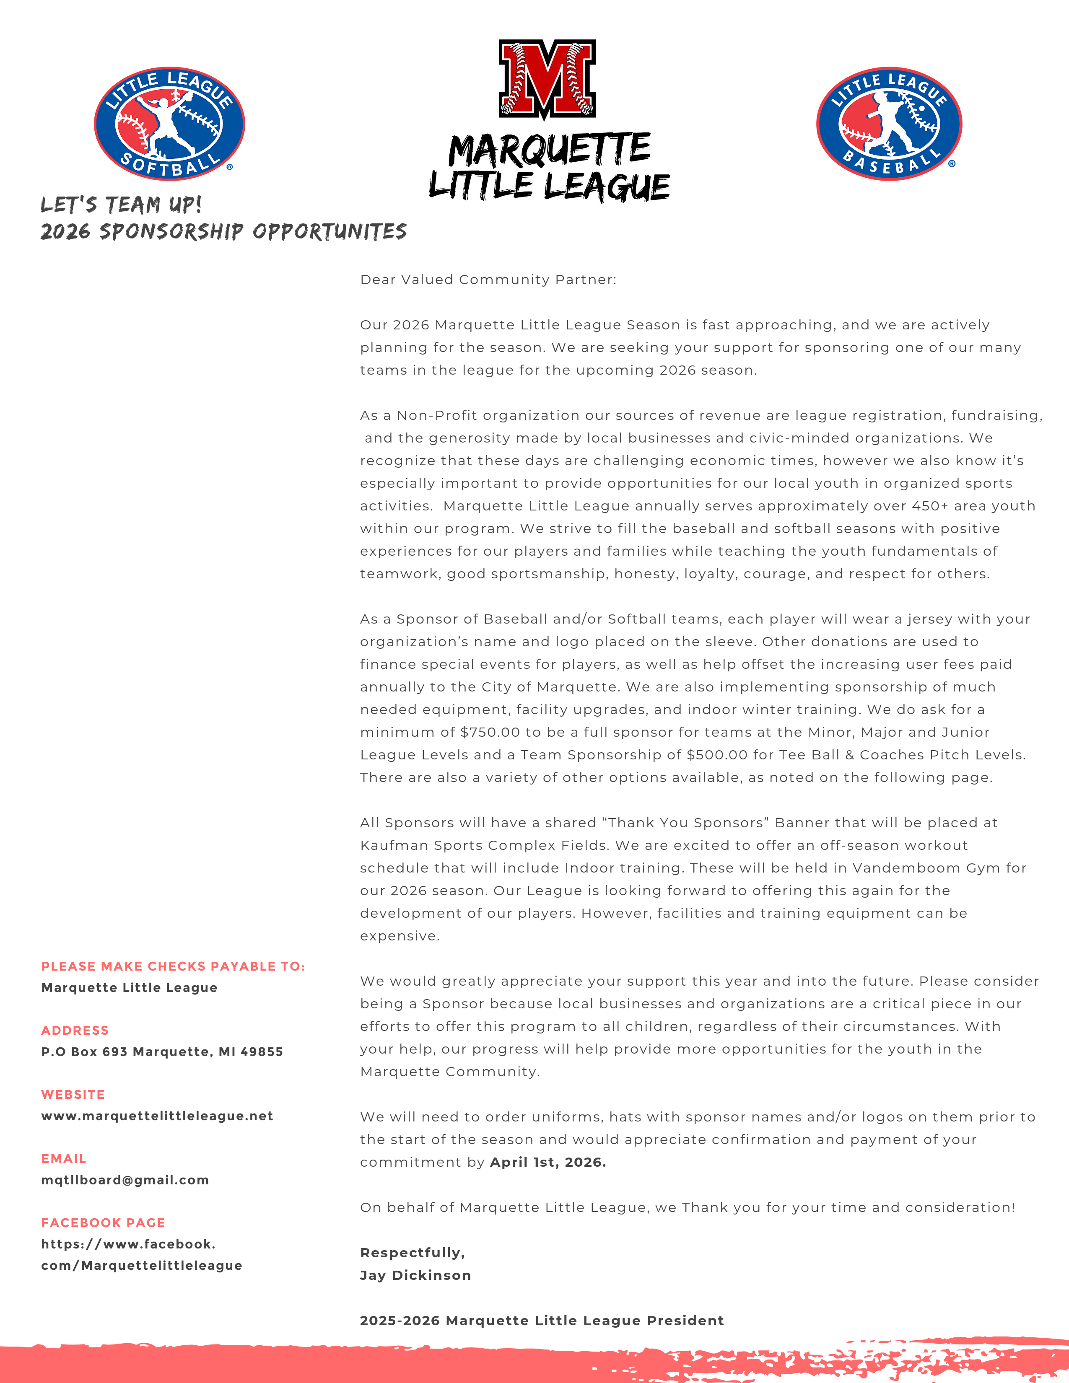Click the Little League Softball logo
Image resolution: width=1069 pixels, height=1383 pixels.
tap(169, 124)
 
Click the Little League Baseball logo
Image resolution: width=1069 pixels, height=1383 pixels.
tap(888, 124)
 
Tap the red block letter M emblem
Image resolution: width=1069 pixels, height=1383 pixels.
tap(547, 79)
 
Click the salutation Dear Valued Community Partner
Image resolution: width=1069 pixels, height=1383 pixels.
tap(488, 280)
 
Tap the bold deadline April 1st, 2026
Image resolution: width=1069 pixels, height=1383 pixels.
tap(548, 1162)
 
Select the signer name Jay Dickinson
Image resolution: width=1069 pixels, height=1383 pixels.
tap(415, 1275)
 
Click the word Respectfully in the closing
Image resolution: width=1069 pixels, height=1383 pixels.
tap(412, 1253)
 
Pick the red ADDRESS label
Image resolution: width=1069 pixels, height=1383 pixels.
tap(75, 1030)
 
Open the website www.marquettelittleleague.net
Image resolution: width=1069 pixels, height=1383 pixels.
tap(157, 1116)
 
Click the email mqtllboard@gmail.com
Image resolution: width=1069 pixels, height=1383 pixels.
tap(125, 1180)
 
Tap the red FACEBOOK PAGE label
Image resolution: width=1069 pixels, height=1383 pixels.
tap(103, 1223)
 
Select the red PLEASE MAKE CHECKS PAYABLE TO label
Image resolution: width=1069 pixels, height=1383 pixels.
tap(173, 966)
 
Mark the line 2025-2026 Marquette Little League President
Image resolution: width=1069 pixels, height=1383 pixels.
tap(542, 1320)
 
